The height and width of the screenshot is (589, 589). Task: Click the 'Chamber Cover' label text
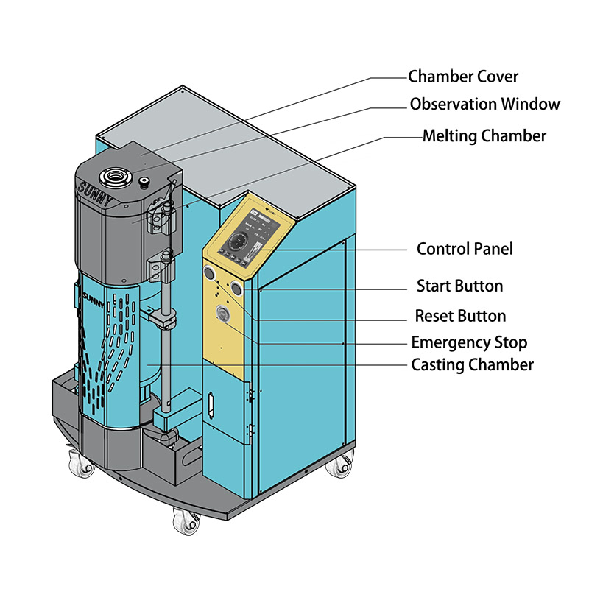(463, 77)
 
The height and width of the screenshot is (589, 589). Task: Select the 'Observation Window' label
(484, 105)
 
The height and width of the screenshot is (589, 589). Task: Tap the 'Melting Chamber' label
(484, 136)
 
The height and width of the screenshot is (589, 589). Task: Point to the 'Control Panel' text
(465, 249)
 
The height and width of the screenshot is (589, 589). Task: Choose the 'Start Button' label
(459, 286)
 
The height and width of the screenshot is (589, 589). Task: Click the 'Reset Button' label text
(460, 317)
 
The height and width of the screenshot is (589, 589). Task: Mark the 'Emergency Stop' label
(469, 342)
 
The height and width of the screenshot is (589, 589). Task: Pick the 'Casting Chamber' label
(472, 364)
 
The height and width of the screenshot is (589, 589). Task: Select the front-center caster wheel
(183, 522)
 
